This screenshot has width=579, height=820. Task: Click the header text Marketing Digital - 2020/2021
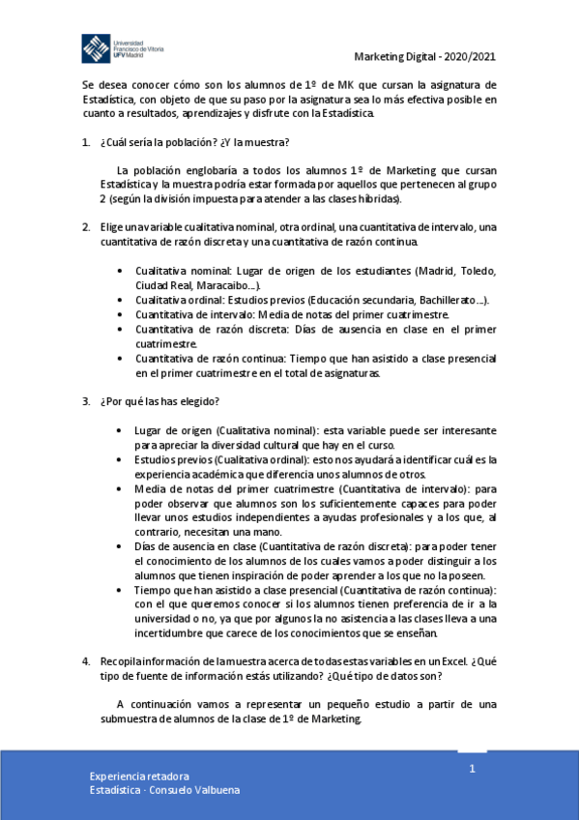[x=423, y=55]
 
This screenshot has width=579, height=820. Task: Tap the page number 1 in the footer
[x=473, y=769]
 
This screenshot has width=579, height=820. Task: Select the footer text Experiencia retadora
[x=139, y=776]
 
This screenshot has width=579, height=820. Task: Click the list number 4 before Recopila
[x=86, y=660]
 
